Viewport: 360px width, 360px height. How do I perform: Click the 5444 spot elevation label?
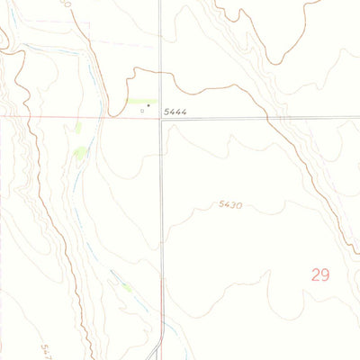point(175,112)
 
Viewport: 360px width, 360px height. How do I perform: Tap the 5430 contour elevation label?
point(229,205)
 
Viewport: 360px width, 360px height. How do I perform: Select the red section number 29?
point(320,274)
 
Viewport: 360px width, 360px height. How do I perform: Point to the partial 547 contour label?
point(47,348)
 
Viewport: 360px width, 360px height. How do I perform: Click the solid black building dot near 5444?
point(148,105)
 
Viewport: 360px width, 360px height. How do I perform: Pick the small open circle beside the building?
point(142,112)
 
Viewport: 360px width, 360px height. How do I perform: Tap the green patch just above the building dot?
point(147,101)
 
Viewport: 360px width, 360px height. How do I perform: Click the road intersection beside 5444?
point(161,118)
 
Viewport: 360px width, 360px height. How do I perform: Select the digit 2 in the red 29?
point(315,274)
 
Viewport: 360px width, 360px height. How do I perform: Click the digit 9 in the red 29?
point(326,274)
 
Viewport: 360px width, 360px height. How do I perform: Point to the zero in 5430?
point(238,205)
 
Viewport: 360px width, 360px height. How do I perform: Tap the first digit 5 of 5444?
point(167,112)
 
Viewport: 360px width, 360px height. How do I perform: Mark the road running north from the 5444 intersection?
point(160,45)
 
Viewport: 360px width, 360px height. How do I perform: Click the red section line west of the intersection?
point(54,117)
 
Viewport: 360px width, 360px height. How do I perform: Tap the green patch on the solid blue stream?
point(128,288)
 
